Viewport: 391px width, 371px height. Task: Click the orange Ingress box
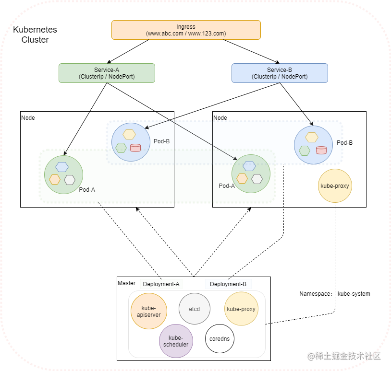click(186, 30)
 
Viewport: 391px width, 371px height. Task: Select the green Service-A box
click(107, 73)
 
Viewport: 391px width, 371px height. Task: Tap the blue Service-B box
click(280, 73)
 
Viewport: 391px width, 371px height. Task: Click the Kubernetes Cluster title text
click(35, 35)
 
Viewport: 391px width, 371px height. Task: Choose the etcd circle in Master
click(195, 309)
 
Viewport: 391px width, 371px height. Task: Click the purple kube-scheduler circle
click(176, 341)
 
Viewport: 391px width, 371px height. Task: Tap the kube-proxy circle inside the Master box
click(241, 309)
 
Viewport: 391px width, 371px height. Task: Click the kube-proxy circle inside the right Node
click(335, 185)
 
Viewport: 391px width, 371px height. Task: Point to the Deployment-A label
click(161, 284)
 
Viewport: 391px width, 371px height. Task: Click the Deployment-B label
click(228, 284)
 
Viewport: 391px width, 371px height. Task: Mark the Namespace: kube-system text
click(335, 293)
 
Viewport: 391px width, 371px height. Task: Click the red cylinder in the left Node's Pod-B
click(135, 147)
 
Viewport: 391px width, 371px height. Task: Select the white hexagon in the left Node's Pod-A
click(70, 180)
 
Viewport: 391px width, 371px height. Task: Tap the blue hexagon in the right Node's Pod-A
click(249, 166)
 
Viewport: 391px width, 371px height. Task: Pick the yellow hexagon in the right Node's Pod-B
click(312, 138)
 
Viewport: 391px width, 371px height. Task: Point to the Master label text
click(126, 283)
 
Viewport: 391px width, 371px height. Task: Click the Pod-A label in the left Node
click(87, 189)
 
